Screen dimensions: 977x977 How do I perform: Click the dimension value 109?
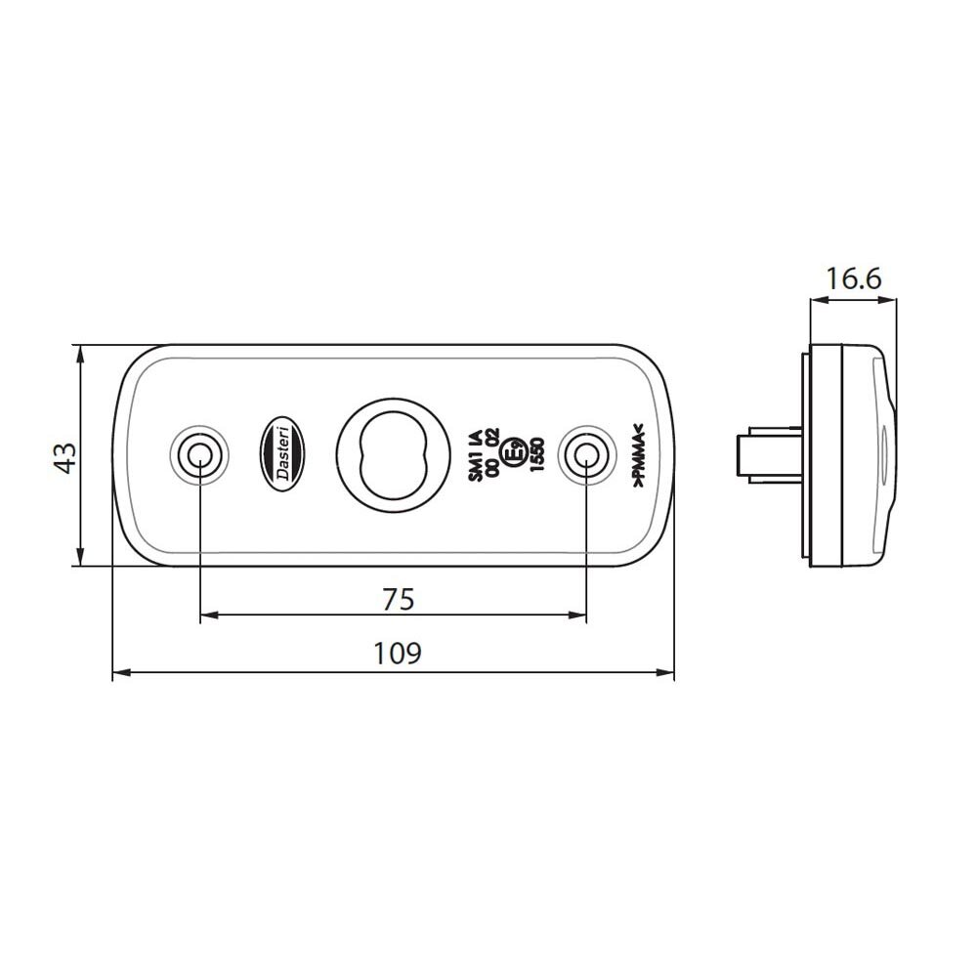point(397,652)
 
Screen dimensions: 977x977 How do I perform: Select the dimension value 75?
point(397,598)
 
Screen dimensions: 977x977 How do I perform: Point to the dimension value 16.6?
point(853,279)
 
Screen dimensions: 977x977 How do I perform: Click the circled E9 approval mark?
point(510,453)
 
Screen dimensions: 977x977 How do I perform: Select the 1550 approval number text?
point(536,455)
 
